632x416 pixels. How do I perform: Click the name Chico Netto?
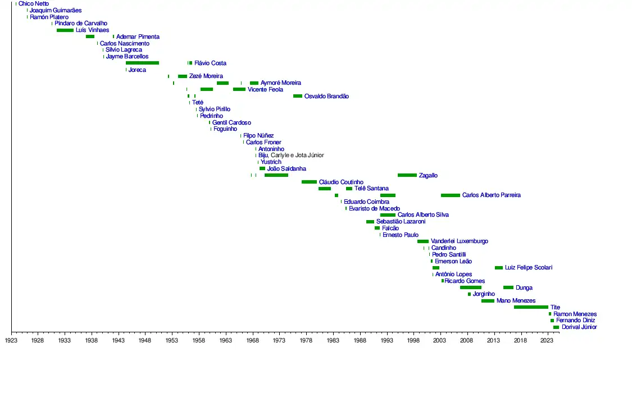coord(34,4)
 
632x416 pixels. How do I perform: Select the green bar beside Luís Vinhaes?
coord(65,30)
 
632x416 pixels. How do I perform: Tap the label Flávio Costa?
coord(210,63)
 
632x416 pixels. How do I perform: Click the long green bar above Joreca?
coord(142,63)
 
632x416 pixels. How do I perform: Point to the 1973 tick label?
coord(279,340)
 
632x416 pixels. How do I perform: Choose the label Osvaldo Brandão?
coord(326,97)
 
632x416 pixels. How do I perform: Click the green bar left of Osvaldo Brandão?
coord(297,96)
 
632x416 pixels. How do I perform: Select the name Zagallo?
coord(428,176)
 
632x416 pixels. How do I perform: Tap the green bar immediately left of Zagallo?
coord(407,175)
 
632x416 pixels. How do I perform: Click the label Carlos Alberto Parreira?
coord(491,195)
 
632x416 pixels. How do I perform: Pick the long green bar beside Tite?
coord(530,307)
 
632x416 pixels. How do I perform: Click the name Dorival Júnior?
coord(579,327)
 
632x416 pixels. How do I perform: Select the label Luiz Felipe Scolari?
coord(528,268)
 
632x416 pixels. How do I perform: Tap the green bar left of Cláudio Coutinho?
coord(309,182)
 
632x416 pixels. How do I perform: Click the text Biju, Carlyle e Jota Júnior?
coord(291,156)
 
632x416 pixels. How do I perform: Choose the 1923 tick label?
coord(11,340)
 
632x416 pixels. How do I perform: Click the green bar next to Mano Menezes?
coord(488,301)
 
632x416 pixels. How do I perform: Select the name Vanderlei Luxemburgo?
coord(460,241)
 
